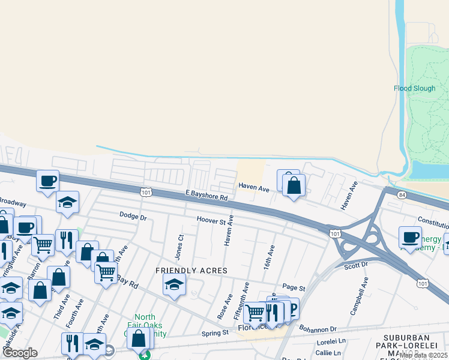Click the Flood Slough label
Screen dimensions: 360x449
414,88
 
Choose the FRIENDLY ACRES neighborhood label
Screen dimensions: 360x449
191,271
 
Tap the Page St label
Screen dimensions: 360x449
294,289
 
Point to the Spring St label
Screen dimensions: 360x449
215,332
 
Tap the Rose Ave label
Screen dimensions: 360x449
225,307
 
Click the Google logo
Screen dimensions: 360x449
20,353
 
